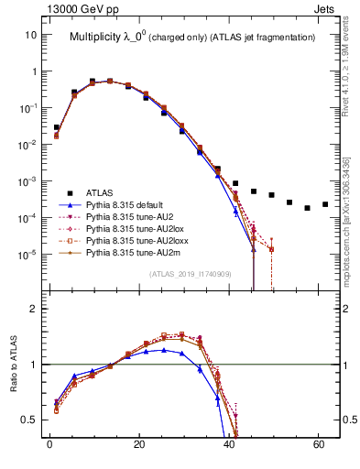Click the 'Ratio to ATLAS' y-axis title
[x=14, y=364]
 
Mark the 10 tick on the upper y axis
[x=30, y=34]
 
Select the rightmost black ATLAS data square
[x=325, y=204]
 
